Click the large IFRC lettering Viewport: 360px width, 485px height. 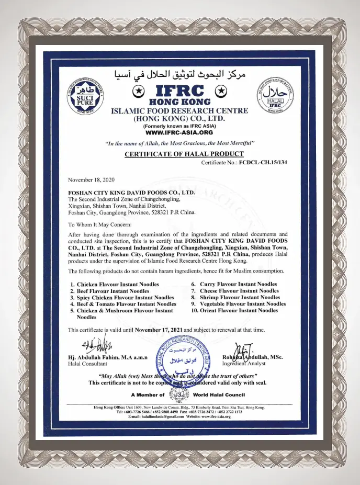(180, 90)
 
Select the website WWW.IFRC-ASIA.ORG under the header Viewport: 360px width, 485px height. (179, 132)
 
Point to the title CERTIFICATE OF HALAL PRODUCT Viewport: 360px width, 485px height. (184, 154)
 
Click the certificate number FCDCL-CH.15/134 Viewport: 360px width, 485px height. (263, 163)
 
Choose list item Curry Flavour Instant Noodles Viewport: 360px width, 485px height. (238, 284)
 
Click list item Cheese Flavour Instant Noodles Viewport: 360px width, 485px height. (238, 290)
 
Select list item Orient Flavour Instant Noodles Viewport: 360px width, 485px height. (238, 310)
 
